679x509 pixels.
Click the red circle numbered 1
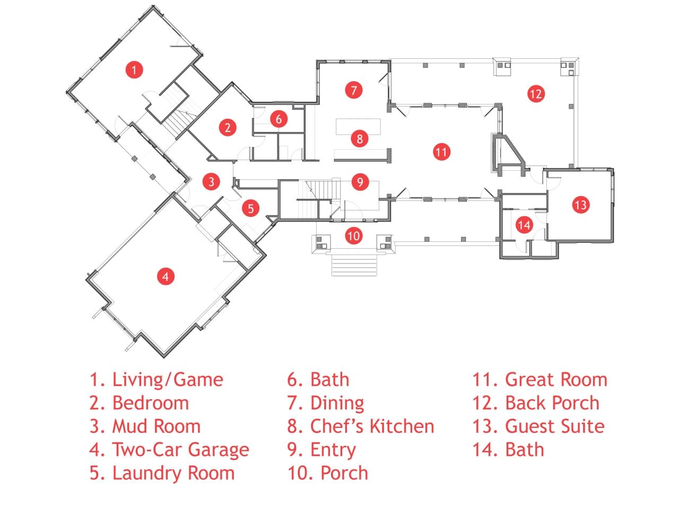(x=134, y=69)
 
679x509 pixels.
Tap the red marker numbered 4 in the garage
(x=166, y=276)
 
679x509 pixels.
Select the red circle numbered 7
(x=353, y=90)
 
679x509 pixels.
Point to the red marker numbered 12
(x=536, y=94)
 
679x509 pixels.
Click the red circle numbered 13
(x=581, y=204)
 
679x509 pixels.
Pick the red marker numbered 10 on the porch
(x=354, y=235)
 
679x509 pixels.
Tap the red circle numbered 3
(x=211, y=181)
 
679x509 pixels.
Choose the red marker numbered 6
(x=278, y=119)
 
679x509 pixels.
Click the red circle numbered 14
(x=524, y=225)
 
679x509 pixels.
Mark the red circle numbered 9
(x=360, y=182)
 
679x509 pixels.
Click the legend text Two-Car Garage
(x=180, y=450)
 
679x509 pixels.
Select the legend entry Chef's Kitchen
(x=372, y=426)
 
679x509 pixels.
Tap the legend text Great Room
(x=556, y=380)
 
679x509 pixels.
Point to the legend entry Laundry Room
(x=173, y=473)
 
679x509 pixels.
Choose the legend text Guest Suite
(x=554, y=426)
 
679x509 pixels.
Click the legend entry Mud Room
(x=156, y=426)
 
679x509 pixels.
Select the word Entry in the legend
(x=333, y=450)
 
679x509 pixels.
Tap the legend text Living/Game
(x=168, y=380)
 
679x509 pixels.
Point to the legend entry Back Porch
(x=552, y=403)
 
